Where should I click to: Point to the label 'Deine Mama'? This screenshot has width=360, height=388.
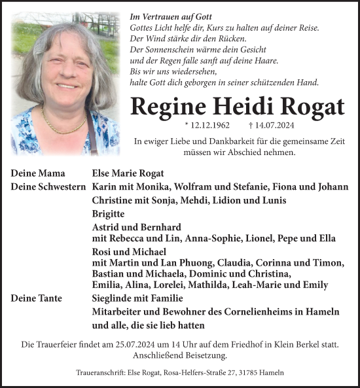pyautogui.click(x=38, y=173)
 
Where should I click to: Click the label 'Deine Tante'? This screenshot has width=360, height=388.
pyautogui.click(x=37, y=298)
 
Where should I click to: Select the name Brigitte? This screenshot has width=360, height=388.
pyautogui.click(x=108, y=214)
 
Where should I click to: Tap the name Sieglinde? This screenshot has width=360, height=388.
pyautogui.click(x=115, y=298)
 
